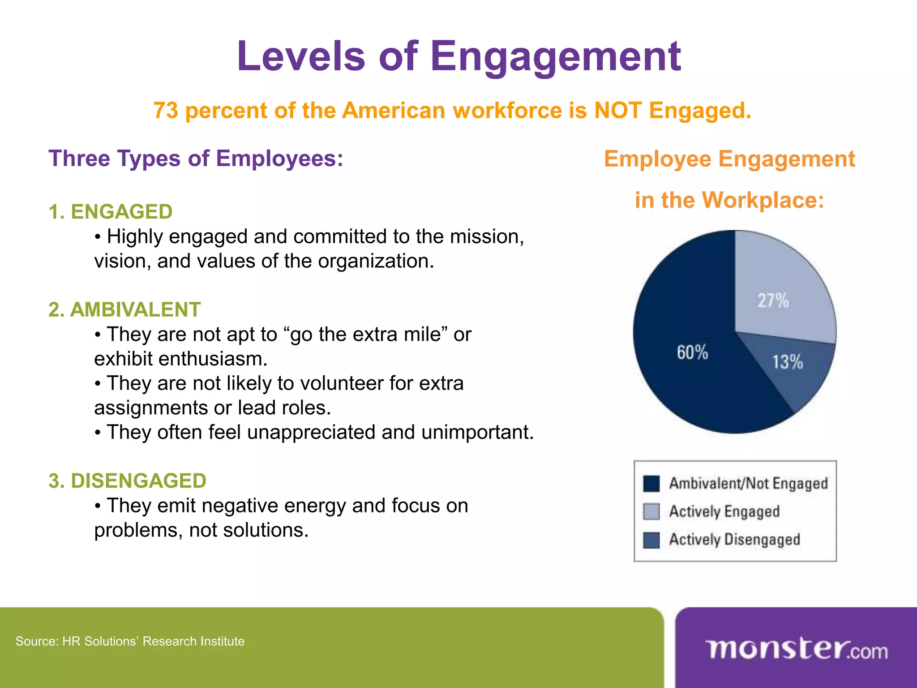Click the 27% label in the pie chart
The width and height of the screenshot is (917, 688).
(x=773, y=301)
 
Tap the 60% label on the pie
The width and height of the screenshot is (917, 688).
(x=692, y=353)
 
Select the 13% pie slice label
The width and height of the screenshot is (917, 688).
(x=788, y=362)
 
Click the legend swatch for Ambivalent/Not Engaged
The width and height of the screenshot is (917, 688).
(x=651, y=484)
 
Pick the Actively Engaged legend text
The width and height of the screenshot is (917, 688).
(x=724, y=512)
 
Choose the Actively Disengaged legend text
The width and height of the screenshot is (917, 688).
(x=734, y=539)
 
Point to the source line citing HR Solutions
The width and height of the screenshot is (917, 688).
(x=130, y=641)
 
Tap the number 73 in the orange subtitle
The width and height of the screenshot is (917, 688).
(x=166, y=111)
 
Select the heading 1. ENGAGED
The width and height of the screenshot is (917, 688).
(x=111, y=212)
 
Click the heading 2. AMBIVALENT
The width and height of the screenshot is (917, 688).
(x=124, y=310)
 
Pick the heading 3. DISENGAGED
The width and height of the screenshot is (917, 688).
(x=128, y=481)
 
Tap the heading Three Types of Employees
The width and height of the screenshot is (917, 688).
(x=196, y=159)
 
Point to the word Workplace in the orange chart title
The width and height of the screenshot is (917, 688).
(x=763, y=200)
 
